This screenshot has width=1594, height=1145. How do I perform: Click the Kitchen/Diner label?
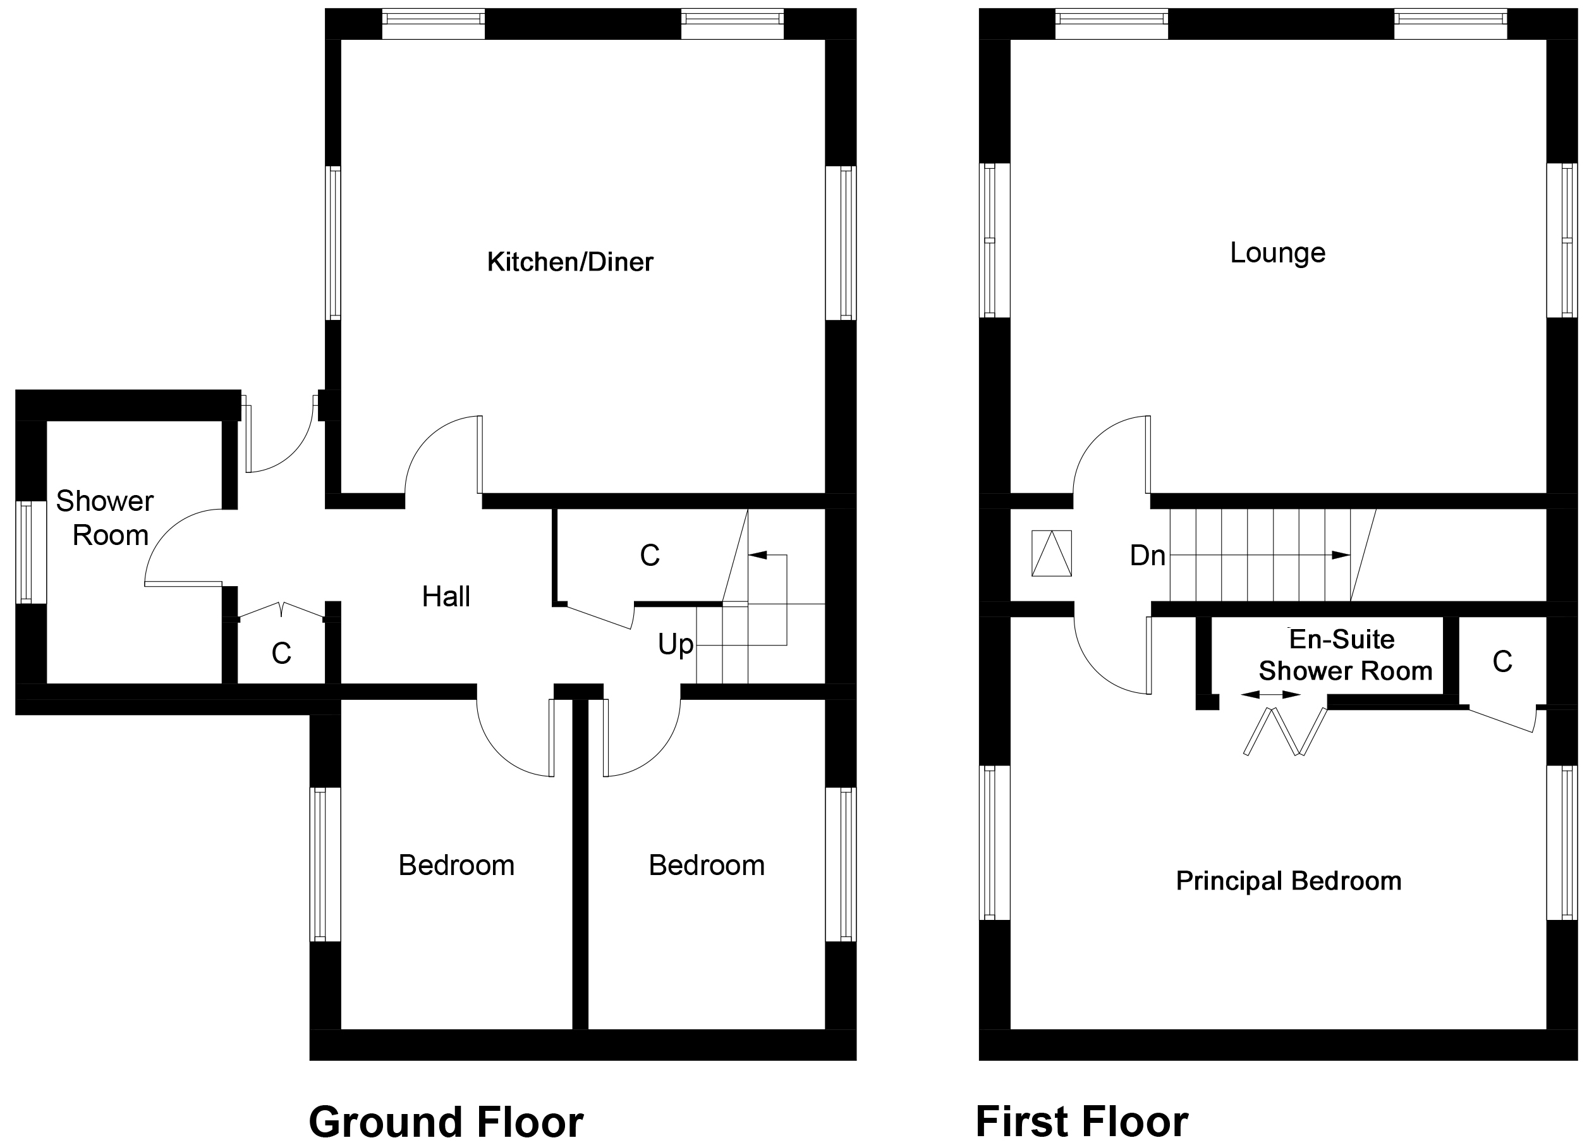(x=570, y=262)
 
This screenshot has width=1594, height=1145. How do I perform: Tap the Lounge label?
(x=1277, y=253)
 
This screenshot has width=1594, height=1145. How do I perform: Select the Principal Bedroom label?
(x=1288, y=881)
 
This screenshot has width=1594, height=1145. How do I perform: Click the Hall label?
(x=446, y=597)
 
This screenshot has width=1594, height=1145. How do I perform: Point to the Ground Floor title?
(x=446, y=1122)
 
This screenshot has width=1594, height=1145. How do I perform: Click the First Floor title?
(x=1081, y=1121)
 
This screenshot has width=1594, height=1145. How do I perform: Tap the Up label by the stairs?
(x=676, y=644)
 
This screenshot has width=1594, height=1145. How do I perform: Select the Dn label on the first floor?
(x=1147, y=556)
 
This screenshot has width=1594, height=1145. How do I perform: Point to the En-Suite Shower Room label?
(x=1344, y=655)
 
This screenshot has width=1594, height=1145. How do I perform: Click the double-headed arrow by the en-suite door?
(x=1270, y=695)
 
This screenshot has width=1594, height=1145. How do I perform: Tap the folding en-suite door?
(x=1285, y=732)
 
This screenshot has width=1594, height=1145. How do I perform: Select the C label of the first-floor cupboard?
(x=1502, y=662)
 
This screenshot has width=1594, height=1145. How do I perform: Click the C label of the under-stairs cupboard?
(x=649, y=556)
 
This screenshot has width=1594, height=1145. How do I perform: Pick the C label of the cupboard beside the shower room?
(x=281, y=654)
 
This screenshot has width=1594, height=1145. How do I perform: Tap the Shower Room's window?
(x=25, y=553)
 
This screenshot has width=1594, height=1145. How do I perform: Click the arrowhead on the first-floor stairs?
(x=1341, y=555)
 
